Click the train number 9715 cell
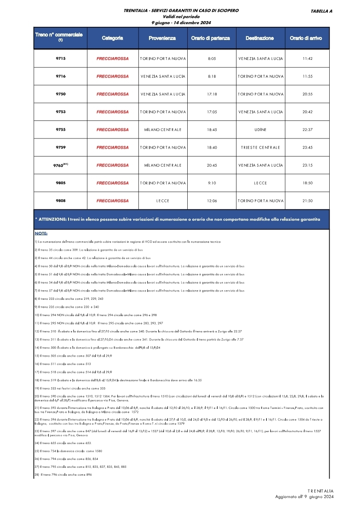[61, 58]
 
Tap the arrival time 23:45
[307, 148]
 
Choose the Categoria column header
[112, 38]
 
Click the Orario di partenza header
[210, 38]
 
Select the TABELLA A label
[321, 11]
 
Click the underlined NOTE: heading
[41, 233]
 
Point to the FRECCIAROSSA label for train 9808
[113, 201]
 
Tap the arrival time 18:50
[307, 183]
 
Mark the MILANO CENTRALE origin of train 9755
[163, 130]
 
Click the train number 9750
[61, 94]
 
